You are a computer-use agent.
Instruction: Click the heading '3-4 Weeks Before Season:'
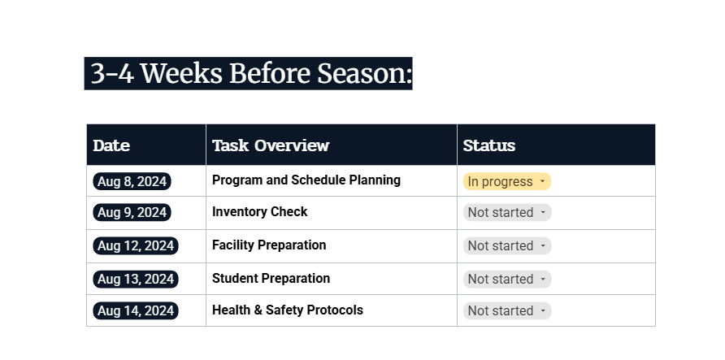tap(249, 74)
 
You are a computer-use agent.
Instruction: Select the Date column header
tap(111, 146)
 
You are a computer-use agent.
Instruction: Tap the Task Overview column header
tap(271, 146)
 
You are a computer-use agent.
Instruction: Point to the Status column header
tap(489, 146)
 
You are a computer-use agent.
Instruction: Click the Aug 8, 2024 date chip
tap(132, 181)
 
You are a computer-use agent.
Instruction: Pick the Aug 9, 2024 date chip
tap(132, 213)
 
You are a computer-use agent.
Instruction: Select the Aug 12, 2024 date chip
tap(135, 245)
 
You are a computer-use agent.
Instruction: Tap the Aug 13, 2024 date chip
tap(135, 279)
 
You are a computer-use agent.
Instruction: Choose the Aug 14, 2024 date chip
tap(135, 310)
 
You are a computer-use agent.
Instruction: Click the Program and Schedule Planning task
tap(306, 180)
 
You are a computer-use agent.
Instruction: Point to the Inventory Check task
tap(259, 212)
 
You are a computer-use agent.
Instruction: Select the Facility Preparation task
tap(269, 245)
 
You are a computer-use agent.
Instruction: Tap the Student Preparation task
tap(271, 279)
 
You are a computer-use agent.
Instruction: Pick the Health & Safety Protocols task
tap(287, 310)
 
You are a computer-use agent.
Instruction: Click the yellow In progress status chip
tap(501, 182)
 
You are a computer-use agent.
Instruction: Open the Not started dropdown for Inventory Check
tap(507, 213)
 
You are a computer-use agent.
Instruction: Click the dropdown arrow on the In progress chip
tap(542, 182)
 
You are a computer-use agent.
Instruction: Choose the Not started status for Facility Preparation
tap(507, 246)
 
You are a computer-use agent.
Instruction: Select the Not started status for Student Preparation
tap(507, 280)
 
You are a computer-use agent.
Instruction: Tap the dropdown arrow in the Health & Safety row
tap(542, 311)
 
